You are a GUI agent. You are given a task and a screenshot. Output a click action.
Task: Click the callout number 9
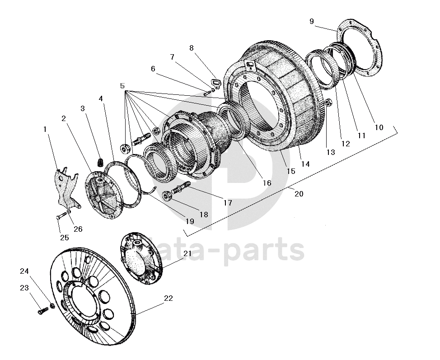(x=312, y=21)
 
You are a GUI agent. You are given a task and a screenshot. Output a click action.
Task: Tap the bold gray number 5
(x=122, y=86)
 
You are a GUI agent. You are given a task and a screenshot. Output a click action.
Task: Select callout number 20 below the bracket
(x=299, y=194)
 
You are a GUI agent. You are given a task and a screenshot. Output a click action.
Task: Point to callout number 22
(x=169, y=298)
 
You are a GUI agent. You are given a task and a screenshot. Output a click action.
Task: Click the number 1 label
(x=45, y=129)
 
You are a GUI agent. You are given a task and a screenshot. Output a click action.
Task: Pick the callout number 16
(x=267, y=183)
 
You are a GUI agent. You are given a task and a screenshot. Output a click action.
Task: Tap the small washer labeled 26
(x=69, y=211)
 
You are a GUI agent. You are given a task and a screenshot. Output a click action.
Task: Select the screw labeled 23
(x=43, y=311)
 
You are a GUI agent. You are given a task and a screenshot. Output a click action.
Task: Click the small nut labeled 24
(x=52, y=305)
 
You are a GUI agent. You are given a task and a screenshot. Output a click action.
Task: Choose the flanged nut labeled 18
(x=167, y=196)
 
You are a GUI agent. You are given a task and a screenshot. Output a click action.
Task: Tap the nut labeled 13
(x=328, y=102)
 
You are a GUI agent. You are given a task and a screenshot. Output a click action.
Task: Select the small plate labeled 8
(x=215, y=83)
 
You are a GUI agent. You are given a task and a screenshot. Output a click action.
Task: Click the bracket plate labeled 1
(x=67, y=187)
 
